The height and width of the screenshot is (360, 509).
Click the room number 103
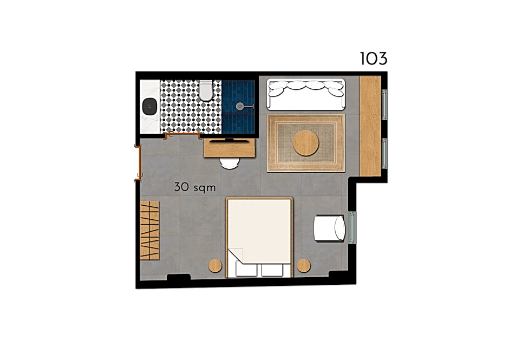point(374,59)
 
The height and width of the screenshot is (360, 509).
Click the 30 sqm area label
point(195,187)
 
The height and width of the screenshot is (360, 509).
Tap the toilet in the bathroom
point(206,90)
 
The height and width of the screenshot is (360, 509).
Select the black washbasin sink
point(150,106)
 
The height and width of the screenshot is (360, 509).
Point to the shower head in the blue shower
point(240,106)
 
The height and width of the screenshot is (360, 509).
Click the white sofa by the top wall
point(306,94)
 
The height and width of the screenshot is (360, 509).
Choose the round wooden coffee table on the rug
point(306,143)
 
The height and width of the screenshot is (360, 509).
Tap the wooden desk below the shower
point(230,148)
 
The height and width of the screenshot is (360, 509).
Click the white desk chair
point(230,163)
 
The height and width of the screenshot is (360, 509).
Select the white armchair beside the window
point(329,228)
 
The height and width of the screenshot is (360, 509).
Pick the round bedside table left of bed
point(215,266)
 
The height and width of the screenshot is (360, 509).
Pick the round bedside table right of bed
point(304,266)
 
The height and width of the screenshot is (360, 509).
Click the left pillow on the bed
point(246,270)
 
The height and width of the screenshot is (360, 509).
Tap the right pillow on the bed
point(272,270)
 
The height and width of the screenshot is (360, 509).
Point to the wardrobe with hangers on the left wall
point(149,231)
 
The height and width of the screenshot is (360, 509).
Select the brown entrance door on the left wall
point(139,163)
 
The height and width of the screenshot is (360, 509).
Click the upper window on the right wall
point(384,104)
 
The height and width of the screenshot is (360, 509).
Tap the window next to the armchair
point(352,227)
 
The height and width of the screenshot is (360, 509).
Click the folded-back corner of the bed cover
point(236,255)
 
